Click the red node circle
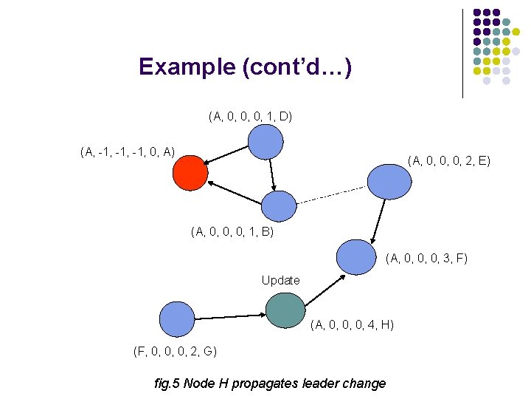190,173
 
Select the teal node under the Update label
285,310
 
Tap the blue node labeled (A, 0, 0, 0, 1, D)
265,142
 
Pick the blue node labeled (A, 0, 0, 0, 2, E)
389,181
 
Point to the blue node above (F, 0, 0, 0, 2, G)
177,319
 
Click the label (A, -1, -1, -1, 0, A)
127,152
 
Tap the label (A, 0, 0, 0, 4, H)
352,324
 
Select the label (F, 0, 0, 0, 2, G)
175,350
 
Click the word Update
280,280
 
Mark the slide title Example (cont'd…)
245,67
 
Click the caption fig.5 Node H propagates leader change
269,383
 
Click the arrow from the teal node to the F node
324,288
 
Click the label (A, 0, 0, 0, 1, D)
251,116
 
